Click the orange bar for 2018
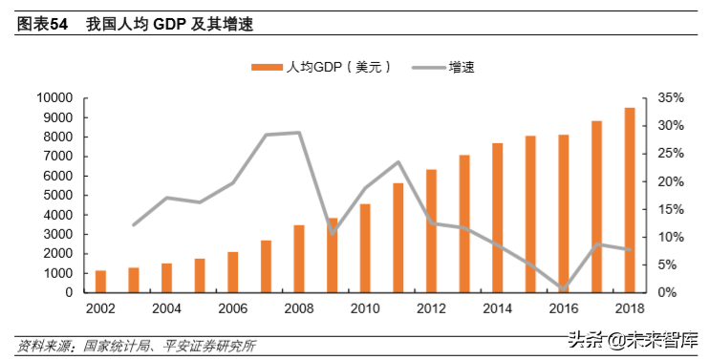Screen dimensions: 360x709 630,200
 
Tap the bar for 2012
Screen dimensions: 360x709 431,230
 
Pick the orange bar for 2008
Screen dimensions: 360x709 299,258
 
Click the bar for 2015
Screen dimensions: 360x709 530,214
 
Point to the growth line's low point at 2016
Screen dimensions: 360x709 564,288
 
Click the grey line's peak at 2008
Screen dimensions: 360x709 299,133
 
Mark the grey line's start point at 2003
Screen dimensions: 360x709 134,224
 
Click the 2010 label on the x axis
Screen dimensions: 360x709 365,308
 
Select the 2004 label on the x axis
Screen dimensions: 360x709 166,308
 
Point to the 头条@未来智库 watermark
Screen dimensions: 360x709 633,340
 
